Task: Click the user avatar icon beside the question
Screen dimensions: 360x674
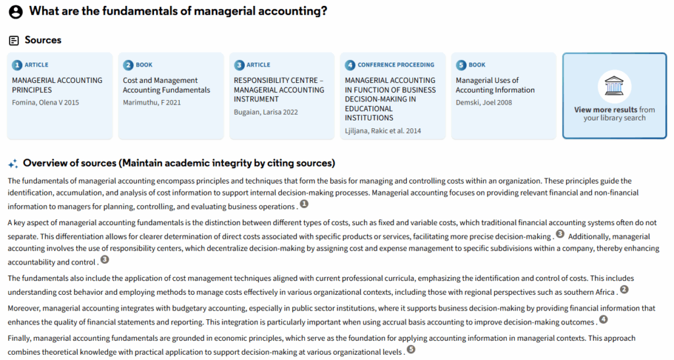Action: tap(16, 12)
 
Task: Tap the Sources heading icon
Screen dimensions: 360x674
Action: tap(14, 40)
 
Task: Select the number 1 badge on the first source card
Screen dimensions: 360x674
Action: tap(17, 65)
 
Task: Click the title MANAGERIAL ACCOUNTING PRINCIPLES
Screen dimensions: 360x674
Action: tap(57, 85)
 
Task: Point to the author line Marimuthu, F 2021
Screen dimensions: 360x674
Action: tap(151, 103)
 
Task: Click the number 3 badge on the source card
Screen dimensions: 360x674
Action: tap(239, 65)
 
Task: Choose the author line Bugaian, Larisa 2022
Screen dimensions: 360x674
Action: tap(265, 112)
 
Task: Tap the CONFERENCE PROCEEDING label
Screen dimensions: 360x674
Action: tap(396, 65)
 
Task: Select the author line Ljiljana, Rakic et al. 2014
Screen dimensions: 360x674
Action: tap(383, 130)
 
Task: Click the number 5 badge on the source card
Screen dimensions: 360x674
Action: tap(461, 65)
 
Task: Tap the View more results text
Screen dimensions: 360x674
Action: tap(606, 110)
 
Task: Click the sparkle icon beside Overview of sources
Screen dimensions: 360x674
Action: tap(13, 163)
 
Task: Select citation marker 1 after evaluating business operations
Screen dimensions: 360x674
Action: tap(304, 204)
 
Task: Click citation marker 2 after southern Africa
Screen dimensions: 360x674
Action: tap(625, 289)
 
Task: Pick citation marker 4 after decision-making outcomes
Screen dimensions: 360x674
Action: tap(603, 320)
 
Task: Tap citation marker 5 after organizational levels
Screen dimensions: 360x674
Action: tap(411, 350)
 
